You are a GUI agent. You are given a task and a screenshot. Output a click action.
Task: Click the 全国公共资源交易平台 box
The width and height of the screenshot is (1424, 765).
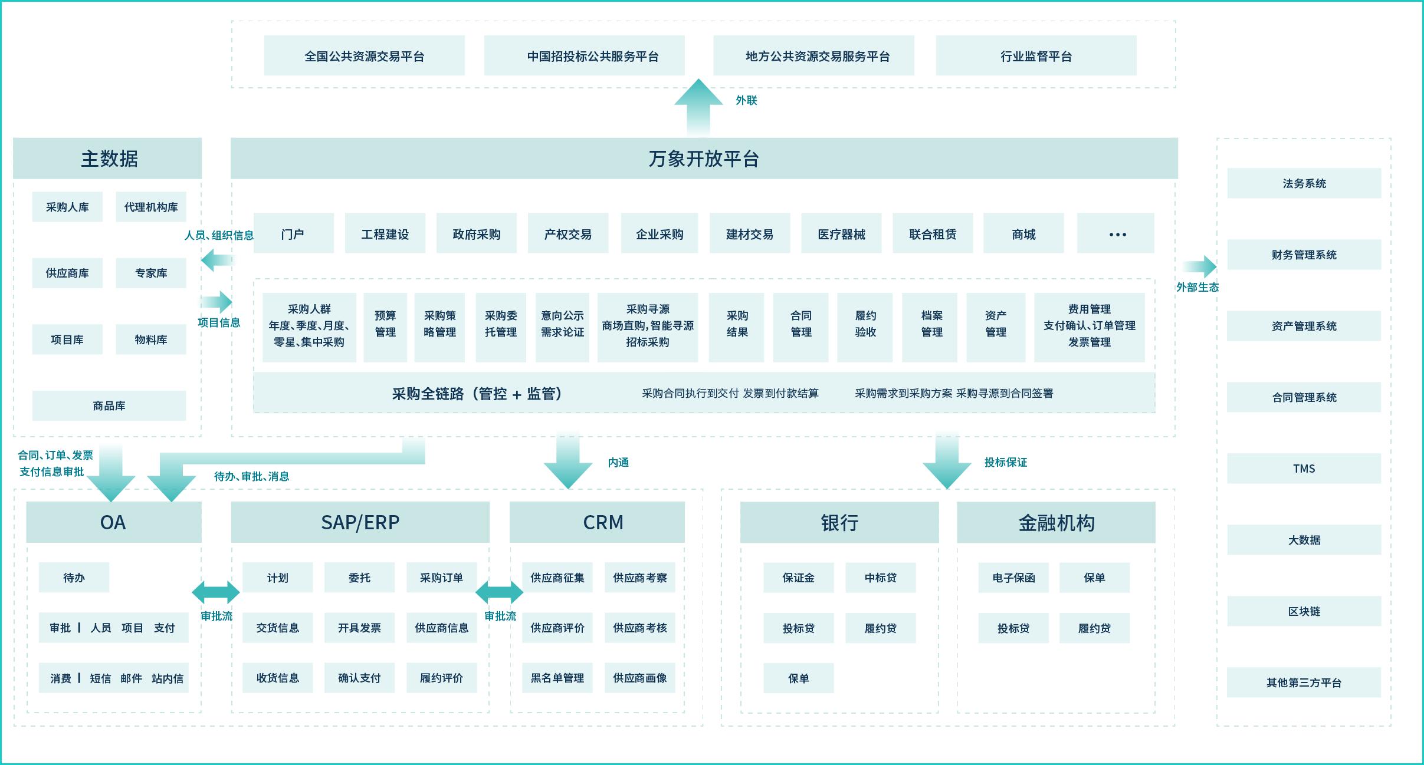[x=364, y=56]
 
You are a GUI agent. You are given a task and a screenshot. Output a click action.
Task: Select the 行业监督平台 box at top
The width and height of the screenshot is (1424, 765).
[x=1036, y=56]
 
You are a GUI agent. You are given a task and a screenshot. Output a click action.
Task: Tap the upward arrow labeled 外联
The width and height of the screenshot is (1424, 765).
[x=698, y=106]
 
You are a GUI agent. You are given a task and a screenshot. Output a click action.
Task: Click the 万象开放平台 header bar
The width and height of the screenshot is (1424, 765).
[x=704, y=159]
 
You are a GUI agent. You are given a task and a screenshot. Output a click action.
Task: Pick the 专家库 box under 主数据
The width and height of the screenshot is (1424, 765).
[x=151, y=273]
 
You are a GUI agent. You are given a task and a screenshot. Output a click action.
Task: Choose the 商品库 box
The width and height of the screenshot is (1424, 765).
[x=109, y=405]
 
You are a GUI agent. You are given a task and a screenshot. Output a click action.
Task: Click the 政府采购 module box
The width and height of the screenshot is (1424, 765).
[x=476, y=234]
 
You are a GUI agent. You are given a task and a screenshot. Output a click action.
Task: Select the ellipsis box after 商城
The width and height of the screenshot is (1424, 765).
[x=1115, y=234]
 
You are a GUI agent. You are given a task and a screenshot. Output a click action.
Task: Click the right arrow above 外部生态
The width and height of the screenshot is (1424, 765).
[x=1199, y=267]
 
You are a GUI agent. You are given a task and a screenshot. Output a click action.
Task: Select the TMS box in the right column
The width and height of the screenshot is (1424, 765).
[x=1304, y=469]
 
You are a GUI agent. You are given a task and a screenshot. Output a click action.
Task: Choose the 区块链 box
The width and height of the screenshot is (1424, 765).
[x=1304, y=611]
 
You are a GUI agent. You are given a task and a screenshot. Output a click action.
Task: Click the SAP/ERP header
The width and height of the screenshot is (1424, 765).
[x=360, y=522]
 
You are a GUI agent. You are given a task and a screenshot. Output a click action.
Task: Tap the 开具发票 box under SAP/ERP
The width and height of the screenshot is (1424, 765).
[x=359, y=628]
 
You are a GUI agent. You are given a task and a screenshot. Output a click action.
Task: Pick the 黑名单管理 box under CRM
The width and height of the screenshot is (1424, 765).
[x=557, y=678]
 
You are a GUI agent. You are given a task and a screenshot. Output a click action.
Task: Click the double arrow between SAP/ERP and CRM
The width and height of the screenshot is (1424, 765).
[x=499, y=592]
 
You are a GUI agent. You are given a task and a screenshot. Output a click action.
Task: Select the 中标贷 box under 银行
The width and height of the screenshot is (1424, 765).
[x=880, y=578]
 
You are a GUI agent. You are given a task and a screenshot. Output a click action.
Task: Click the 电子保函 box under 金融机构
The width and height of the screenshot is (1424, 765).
[x=1013, y=578]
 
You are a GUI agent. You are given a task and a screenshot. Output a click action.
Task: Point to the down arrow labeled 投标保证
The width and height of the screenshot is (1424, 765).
[x=947, y=463]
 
